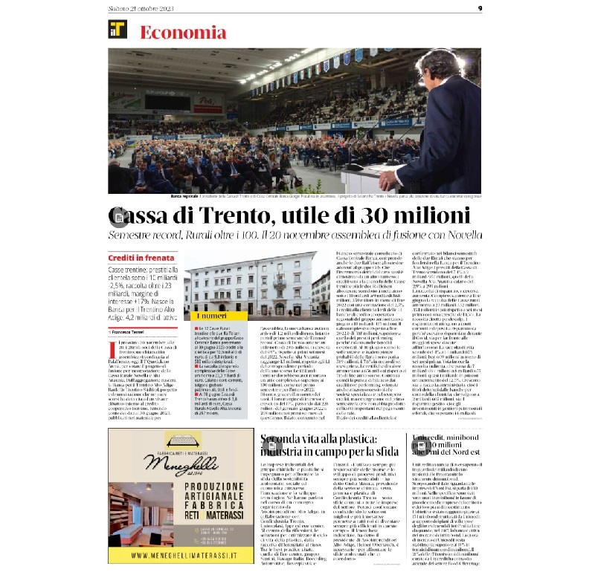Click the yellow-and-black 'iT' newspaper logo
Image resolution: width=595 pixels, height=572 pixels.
click(117, 30)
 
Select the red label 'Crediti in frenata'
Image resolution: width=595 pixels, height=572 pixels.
click(138, 258)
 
